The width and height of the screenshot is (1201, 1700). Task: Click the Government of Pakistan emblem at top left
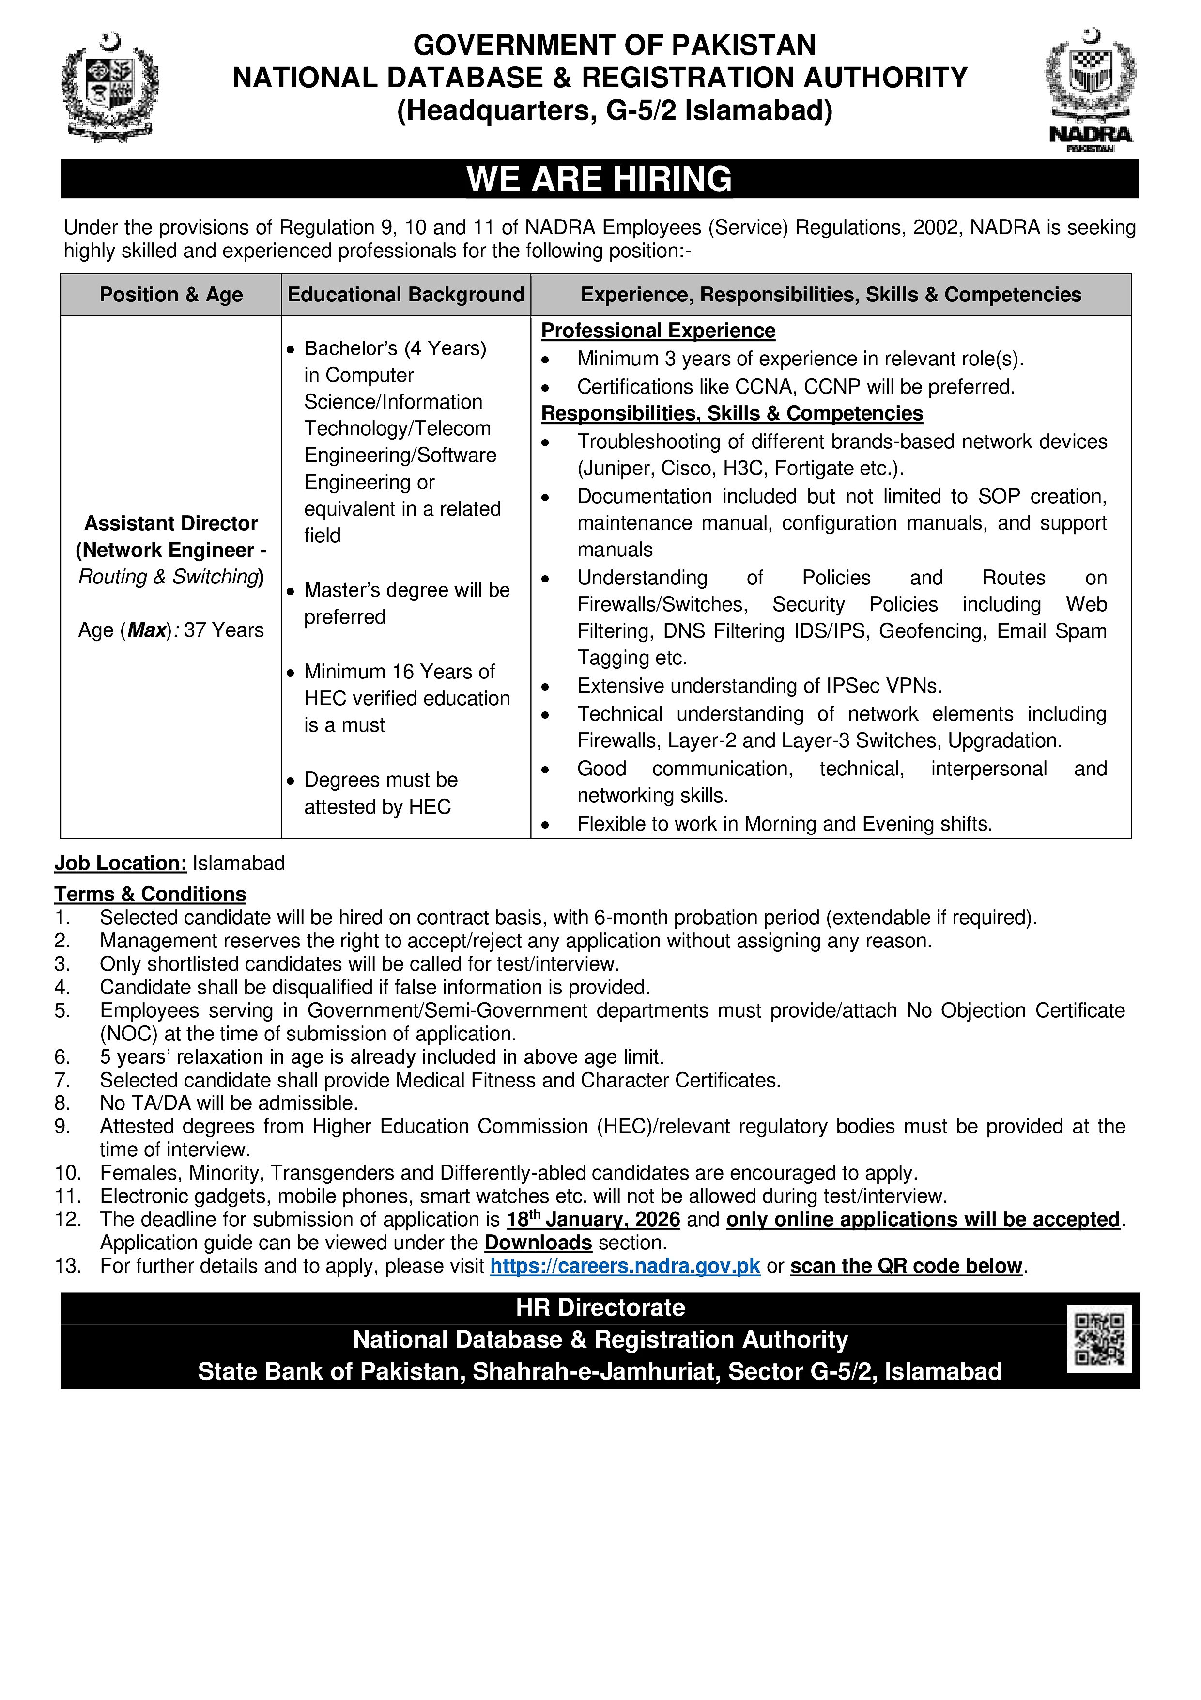click(109, 87)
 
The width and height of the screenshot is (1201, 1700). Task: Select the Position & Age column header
click(171, 295)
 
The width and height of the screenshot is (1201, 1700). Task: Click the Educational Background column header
click(405, 295)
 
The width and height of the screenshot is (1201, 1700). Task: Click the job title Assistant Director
click(171, 523)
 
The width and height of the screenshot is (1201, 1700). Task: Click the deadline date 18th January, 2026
click(593, 1219)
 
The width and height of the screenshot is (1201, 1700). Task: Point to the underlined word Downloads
click(538, 1243)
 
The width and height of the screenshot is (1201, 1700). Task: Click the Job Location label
click(120, 864)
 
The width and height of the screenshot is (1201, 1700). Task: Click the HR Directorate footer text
click(600, 1307)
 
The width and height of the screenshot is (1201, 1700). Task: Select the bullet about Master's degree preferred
click(406, 603)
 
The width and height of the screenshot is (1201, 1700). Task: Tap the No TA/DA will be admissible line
click(229, 1103)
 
